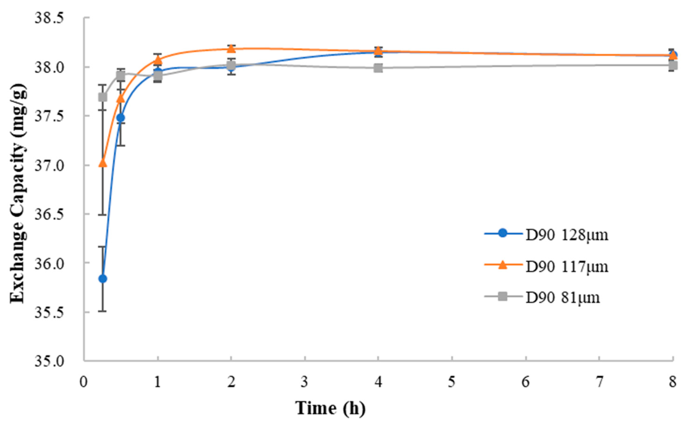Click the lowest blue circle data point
103,279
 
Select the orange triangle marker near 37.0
103,163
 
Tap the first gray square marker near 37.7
103,97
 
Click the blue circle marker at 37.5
121,118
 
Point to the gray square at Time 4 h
378,68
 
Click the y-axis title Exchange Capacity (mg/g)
18,193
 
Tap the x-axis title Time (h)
330,408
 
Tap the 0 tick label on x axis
84,382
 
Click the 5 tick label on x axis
452,382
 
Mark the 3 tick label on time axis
305,382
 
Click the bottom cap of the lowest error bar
103,311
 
